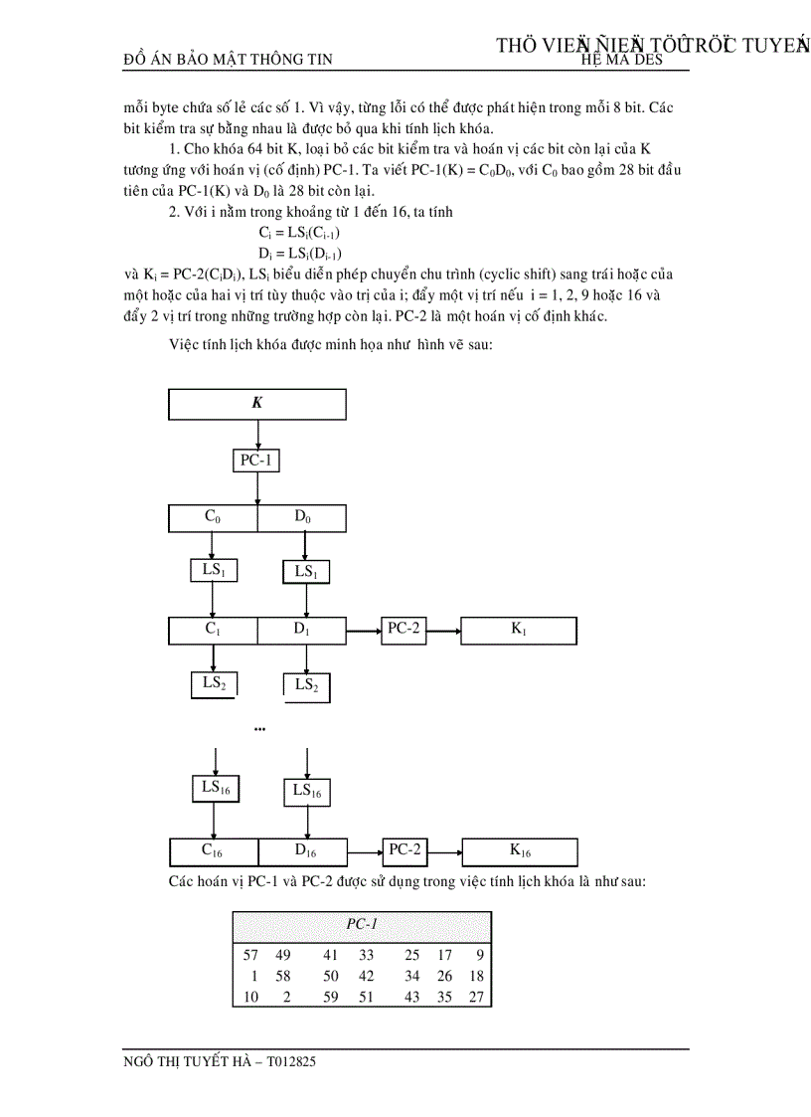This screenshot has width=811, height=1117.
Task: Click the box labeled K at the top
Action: click(257, 404)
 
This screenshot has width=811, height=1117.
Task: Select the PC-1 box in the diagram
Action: click(256, 461)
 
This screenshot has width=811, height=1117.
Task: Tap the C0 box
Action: click(213, 518)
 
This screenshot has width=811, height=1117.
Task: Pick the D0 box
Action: click(302, 518)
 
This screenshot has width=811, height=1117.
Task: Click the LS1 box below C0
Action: click(212, 571)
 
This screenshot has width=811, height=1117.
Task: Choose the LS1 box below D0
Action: click(305, 572)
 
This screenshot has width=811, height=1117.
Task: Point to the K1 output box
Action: click(519, 631)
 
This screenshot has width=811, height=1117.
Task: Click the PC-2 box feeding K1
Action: click(403, 630)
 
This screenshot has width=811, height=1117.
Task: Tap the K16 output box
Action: click(520, 851)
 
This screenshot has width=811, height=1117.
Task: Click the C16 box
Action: click(214, 851)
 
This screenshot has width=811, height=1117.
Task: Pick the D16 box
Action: click(304, 852)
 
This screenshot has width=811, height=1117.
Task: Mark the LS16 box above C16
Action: click(214, 788)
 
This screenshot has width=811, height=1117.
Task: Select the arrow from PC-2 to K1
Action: click(442, 631)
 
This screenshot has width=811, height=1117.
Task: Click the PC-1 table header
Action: click(363, 924)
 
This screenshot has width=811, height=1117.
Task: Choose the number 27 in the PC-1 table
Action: click(476, 998)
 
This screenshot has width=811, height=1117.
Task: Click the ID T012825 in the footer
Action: click(291, 1062)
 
